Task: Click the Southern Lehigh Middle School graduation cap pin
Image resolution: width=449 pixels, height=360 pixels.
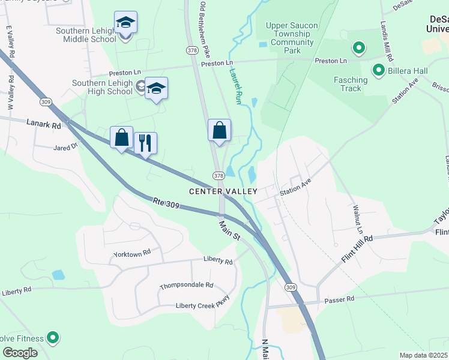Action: (125, 23)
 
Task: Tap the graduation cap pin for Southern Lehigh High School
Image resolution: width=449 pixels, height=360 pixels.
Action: (156, 89)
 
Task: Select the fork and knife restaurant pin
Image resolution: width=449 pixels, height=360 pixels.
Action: (145, 143)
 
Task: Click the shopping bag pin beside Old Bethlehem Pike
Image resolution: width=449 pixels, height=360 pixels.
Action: (219, 130)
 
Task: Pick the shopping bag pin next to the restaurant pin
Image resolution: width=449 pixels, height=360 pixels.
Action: (121, 137)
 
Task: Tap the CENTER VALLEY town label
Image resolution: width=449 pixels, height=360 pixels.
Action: (223, 191)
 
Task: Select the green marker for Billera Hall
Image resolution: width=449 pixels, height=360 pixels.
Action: (379, 71)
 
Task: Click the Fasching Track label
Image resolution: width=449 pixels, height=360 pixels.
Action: (351, 84)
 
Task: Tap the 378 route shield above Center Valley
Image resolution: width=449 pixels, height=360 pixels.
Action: (218, 176)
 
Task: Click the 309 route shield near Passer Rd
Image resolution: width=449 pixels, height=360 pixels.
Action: (291, 287)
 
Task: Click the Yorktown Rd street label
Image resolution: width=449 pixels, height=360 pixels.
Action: (131, 254)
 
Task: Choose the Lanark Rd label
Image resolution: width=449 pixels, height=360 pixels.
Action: (44, 125)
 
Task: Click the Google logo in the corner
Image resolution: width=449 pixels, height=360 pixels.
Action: (20, 353)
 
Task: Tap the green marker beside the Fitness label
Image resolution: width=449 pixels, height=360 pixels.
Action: (53, 338)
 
